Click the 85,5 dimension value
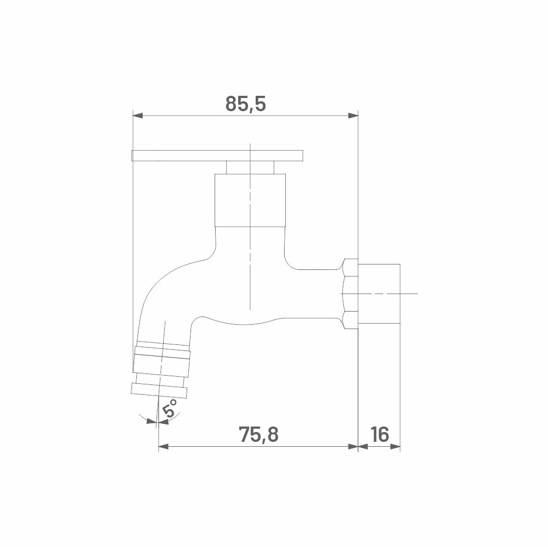pyautogui.click(x=245, y=104)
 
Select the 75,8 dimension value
pyautogui.click(x=258, y=434)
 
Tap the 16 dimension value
pyautogui.click(x=379, y=434)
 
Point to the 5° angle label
pyautogui.click(x=170, y=408)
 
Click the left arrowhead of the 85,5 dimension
pyautogui.click(x=138, y=116)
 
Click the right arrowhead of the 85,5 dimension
pyautogui.click(x=353, y=116)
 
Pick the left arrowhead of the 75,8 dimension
pyautogui.click(x=164, y=446)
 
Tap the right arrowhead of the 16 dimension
pyautogui.click(x=395, y=446)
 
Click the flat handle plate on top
pyautogui.click(x=217, y=156)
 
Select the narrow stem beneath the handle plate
pyautogui.click(x=250, y=168)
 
